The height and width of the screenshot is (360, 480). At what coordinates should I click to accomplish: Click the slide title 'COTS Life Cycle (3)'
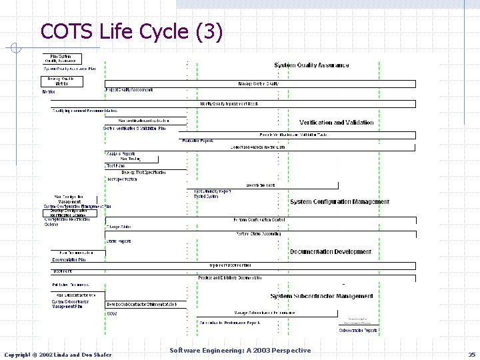[x=131, y=31]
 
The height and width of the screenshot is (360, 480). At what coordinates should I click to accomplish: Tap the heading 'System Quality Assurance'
[x=311, y=65]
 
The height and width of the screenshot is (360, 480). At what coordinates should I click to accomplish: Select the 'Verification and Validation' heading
[x=337, y=123]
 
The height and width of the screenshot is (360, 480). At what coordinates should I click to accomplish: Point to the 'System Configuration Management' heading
[x=339, y=202]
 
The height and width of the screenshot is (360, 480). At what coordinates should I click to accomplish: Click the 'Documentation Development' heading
[x=330, y=252]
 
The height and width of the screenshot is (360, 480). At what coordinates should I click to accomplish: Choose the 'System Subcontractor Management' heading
[x=321, y=296]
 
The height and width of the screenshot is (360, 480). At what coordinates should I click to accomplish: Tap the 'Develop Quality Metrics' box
[x=62, y=81]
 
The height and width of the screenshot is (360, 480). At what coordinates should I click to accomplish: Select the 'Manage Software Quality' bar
[x=258, y=84]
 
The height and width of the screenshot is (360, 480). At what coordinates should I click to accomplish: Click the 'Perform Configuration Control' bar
[x=259, y=220]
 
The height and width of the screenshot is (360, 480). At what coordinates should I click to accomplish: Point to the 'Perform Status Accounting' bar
[x=259, y=234]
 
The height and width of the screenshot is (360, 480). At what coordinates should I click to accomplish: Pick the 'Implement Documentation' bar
[x=231, y=265]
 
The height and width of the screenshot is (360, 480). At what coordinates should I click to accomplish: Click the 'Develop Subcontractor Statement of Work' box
[x=141, y=305]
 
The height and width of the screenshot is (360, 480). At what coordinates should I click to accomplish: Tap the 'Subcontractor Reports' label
[x=358, y=330]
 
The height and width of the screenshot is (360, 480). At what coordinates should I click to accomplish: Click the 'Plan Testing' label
[x=130, y=159]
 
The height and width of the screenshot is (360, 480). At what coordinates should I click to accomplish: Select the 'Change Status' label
[x=119, y=227]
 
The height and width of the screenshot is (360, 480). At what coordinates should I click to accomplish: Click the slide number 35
[x=471, y=354]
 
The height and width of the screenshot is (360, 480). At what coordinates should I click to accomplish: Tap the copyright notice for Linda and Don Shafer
[x=59, y=354]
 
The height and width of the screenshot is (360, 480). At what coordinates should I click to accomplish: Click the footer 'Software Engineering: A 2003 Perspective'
[x=240, y=351]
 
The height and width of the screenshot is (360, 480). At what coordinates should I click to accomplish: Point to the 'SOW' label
[x=111, y=313]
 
